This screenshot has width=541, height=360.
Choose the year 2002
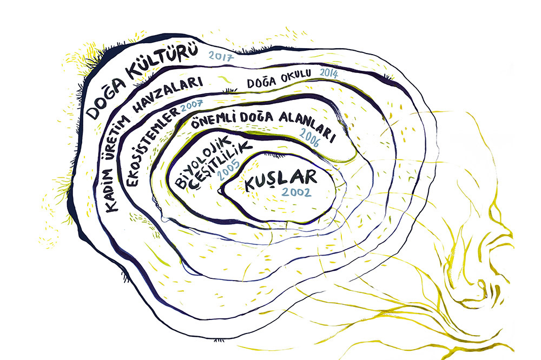(x=296, y=192)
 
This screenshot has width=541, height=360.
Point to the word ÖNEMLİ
(x=216, y=119)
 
